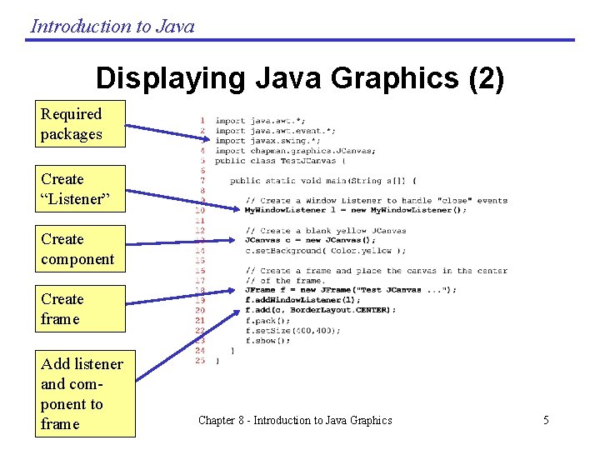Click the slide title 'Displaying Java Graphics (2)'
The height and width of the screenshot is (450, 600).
click(300, 78)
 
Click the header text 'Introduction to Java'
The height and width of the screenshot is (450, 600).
click(112, 26)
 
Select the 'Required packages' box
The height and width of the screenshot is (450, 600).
click(80, 123)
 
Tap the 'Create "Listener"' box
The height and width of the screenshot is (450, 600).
click(80, 188)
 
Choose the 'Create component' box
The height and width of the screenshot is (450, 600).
click(80, 248)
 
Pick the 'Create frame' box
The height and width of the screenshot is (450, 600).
click(80, 308)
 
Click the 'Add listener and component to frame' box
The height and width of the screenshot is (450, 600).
click(84, 393)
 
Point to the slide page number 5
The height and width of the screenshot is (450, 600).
click(546, 420)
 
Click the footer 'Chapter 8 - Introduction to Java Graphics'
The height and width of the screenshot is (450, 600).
click(295, 420)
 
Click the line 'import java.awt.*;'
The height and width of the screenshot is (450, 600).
click(260, 121)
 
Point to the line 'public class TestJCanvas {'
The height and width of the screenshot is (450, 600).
click(275, 161)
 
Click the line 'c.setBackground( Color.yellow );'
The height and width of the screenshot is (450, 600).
click(325, 251)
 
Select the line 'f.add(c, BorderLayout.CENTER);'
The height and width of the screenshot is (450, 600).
click(321, 310)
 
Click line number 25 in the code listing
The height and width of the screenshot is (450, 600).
click(200, 361)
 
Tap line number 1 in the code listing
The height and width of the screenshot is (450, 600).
click(202, 121)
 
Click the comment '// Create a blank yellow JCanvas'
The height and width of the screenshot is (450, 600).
click(326, 231)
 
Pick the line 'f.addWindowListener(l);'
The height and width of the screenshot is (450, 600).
click(302, 300)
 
